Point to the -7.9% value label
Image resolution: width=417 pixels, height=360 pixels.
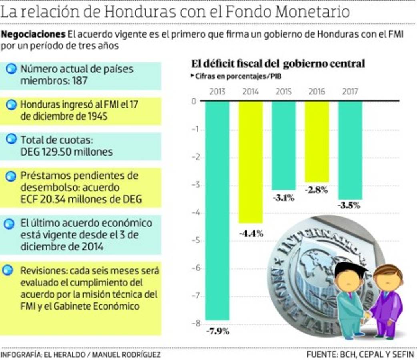point(218,331)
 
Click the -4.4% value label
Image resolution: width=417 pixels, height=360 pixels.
point(251,234)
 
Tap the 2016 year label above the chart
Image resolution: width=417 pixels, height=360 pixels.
point(317,92)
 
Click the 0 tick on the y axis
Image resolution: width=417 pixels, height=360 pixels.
point(194,102)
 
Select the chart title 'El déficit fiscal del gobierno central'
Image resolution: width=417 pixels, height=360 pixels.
point(278,64)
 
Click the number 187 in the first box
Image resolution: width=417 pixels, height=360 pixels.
point(80,81)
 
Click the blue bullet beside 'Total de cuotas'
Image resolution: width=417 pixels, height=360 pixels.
point(12,140)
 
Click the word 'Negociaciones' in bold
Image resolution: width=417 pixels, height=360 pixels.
point(33,34)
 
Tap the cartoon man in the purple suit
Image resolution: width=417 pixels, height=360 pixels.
point(386,300)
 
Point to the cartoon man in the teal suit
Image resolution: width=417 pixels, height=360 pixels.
point(350,298)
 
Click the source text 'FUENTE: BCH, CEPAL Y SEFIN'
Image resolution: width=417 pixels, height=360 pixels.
point(361,354)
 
